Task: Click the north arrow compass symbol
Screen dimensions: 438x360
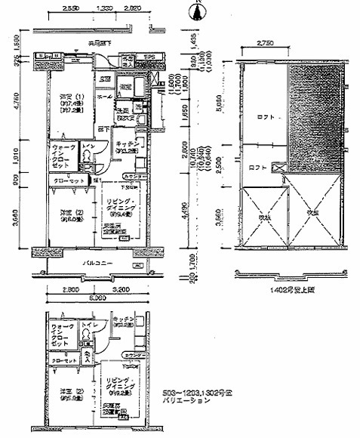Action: coord(198,11)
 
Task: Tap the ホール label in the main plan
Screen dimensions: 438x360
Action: coord(104,97)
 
